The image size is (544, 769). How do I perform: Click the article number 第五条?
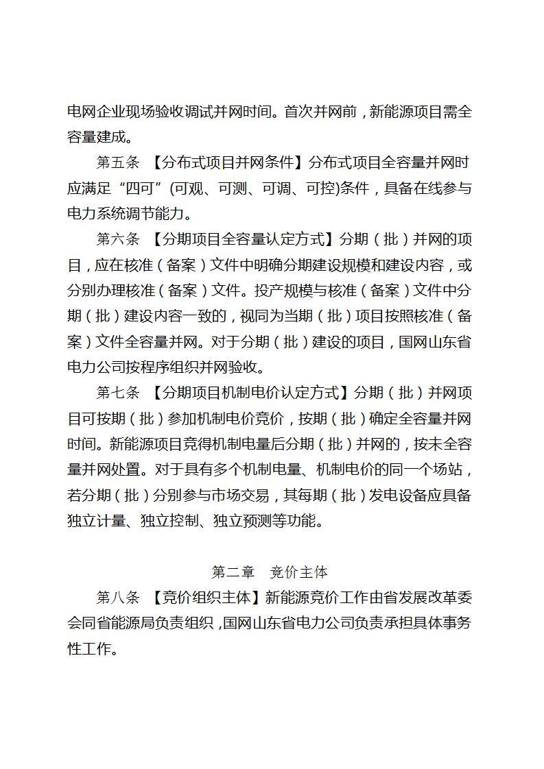[117, 162]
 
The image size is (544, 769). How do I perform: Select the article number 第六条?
[117, 239]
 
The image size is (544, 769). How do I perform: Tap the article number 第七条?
[117, 393]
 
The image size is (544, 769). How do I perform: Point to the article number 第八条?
[117, 597]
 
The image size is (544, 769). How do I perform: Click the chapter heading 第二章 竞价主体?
[270, 572]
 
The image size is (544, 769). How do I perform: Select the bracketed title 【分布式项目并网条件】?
[227, 162]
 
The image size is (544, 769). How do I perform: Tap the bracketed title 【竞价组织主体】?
[205, 597]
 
